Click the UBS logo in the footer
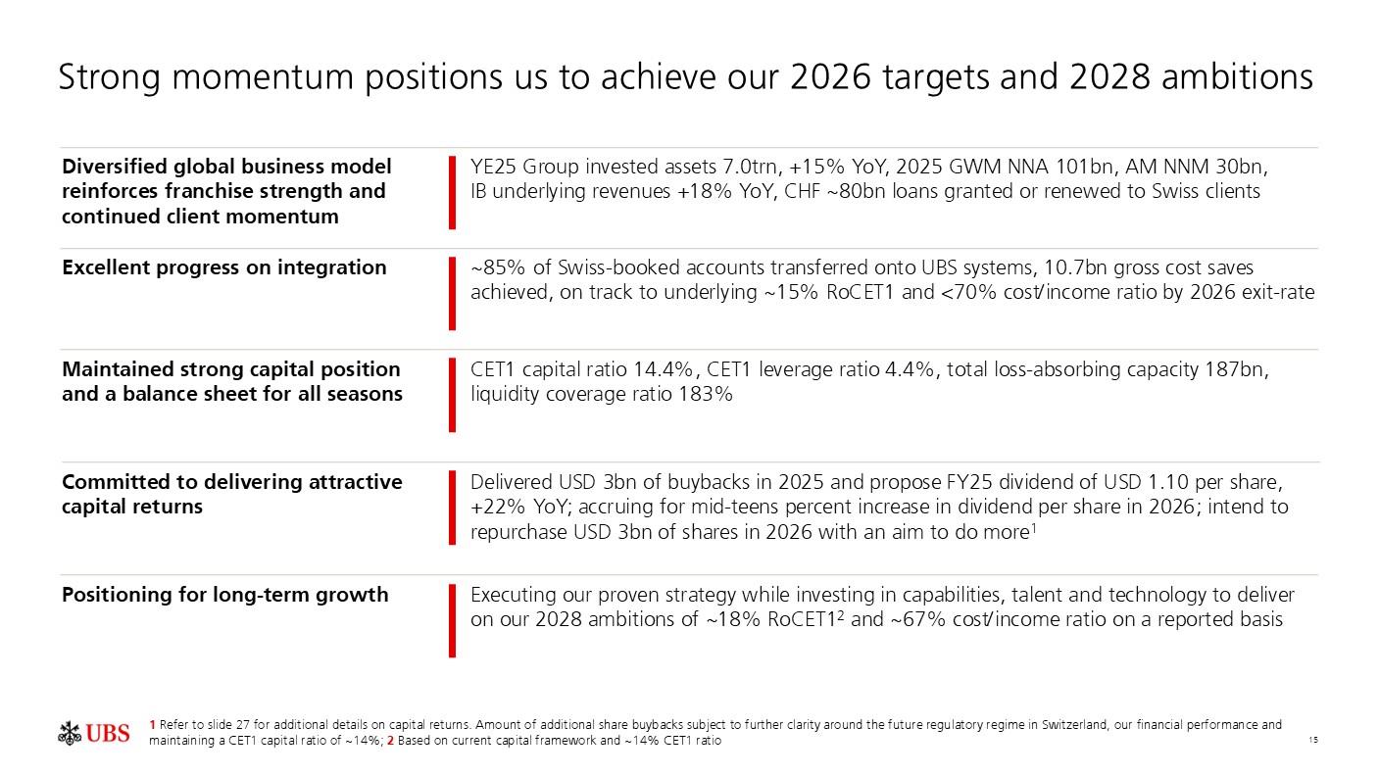pos(94,733)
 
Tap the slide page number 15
pos(1312,741)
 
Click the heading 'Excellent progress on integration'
pos(223,267)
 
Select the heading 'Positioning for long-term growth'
pos(224,595)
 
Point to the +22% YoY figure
pos(508,507)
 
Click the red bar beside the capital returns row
pos(452,507)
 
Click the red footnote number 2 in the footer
pos(390,741)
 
